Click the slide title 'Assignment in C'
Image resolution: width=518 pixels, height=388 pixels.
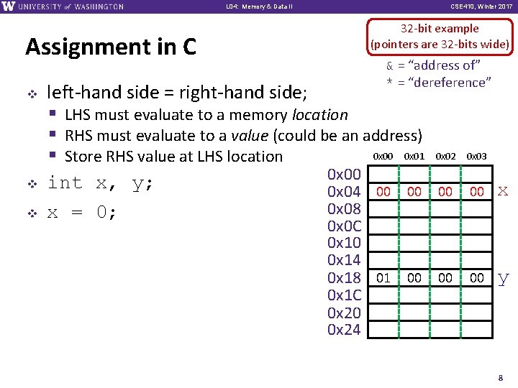(x=110, y=47)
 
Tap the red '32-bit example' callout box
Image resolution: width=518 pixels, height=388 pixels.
(x=440, y=37)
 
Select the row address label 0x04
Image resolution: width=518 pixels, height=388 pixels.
(x=344, y=191)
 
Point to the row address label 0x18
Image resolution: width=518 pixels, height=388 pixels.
(x=344, y=278)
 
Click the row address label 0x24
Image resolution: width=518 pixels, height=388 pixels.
(x=344, y=330)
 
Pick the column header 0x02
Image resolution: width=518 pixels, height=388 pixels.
(x=445, y=157)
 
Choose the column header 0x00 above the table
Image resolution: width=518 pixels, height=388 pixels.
(x=383, y=157)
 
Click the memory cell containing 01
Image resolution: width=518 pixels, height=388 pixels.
(x=383, y=278)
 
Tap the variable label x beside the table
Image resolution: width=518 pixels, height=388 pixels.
(x=503, y=191)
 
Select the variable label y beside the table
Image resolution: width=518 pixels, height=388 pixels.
(x=503, y=279)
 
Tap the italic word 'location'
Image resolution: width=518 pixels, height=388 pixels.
(x=319, y=115)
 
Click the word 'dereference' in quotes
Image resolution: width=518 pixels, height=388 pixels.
(x=449, y=83)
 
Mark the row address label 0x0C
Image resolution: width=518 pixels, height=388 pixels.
(x=344, y=226)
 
